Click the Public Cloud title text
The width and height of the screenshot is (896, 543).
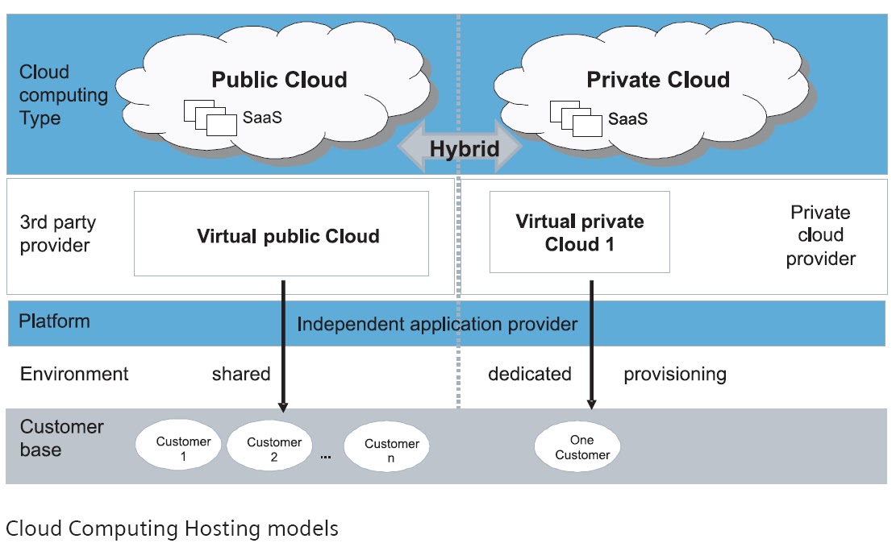click(x=279, y=80)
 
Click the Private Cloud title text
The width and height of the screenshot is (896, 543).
click(x=657, y=80)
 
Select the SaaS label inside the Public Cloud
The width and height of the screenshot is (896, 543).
click(x=262, y=119)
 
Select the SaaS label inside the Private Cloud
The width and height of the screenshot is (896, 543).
click(x=627, y=119)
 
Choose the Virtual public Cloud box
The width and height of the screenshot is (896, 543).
click(x=281, y=234)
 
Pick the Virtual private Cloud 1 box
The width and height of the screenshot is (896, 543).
click(x=579, y=232)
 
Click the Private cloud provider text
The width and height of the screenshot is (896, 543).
click(x=820, y=235)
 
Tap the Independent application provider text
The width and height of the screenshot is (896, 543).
click(x=437, y=324)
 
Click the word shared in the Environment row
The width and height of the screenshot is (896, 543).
click(x=240, y=374)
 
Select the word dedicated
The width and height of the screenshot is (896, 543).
click(x=529, y=374)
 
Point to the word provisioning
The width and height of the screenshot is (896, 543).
click(x=674, y=374)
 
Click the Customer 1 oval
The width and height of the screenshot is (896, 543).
click(x=183, y=447)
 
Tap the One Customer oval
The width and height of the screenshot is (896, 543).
click(x=577, y=448)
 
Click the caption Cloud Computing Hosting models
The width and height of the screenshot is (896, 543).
click(x=172, y=528)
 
